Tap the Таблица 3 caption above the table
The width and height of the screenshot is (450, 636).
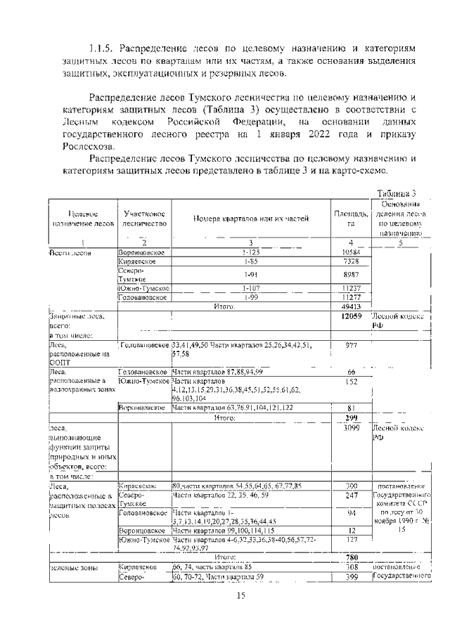pyautogui.click(x=397, y=194)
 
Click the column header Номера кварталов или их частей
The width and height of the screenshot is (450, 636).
pyautogui.click(x=251, y=219)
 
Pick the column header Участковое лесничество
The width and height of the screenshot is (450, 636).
pyautogui.click(x=143, y=218)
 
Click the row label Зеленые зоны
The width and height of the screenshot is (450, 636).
pyautogui.click(x=72, y=566)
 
